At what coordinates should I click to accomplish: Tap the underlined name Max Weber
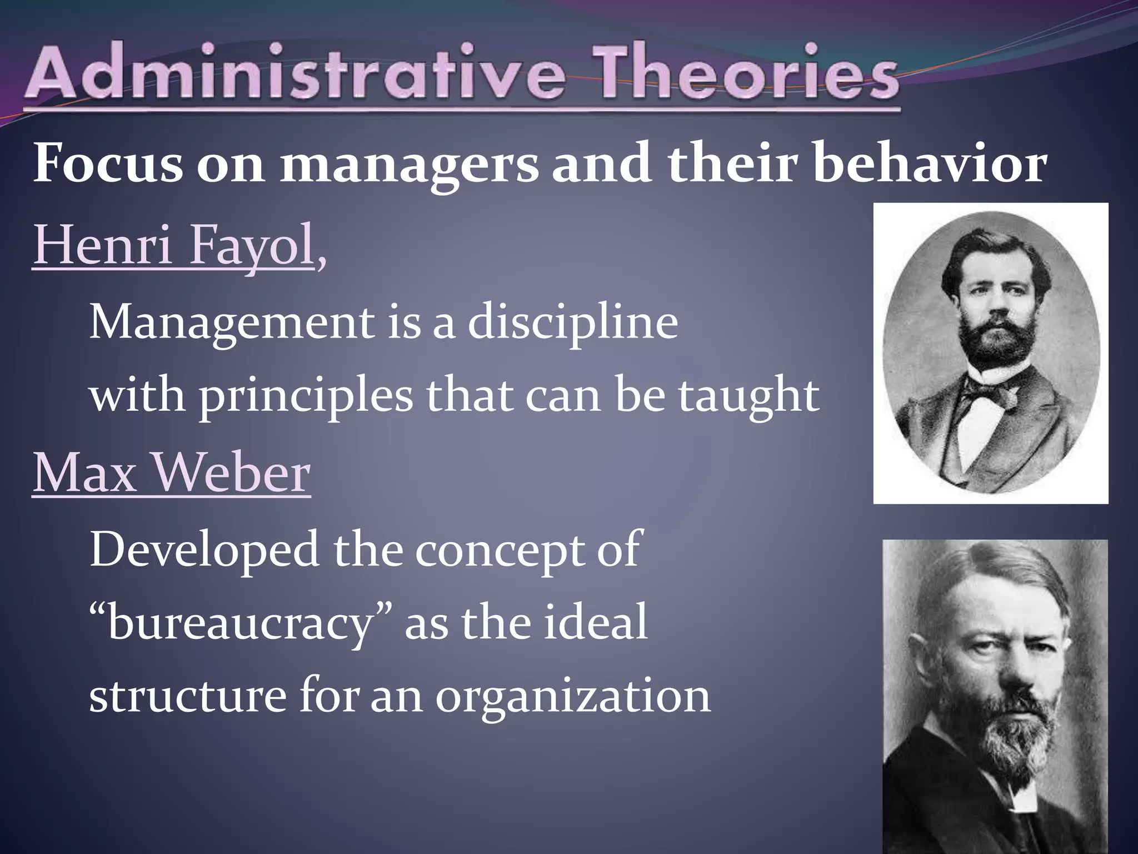pos(171,473)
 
